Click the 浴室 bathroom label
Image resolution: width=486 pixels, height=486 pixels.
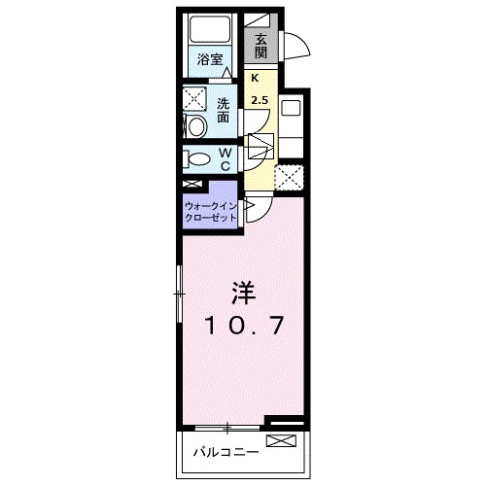tap(210, 58)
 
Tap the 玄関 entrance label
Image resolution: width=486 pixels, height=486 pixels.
tap(261, 46)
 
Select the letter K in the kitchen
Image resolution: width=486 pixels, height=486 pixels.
tap(256, 79)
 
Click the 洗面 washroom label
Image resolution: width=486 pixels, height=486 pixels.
tap(223, 110)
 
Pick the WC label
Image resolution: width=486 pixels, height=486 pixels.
tap(224, 159)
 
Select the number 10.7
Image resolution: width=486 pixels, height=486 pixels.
tap(244, 326)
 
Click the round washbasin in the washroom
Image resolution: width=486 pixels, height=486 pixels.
tap(194, 125)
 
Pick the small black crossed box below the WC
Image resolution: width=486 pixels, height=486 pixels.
tap(191, 184)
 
